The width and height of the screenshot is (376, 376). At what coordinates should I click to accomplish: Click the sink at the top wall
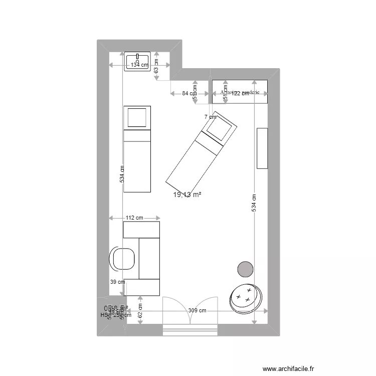click(x=137, y=62)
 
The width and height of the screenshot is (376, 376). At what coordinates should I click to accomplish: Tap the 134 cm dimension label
click(x=139, y=65)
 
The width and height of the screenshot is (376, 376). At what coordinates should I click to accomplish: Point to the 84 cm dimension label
click(x=189, y=93)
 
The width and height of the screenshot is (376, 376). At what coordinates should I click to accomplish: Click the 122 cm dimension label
click(x=240, y=93)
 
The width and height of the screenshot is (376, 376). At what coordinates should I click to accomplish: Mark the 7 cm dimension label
click(x=211, y=117)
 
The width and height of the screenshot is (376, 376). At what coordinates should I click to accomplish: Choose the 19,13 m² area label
click(x=187, y=195)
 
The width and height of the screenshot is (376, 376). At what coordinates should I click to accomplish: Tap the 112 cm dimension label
click(x=134, y=218)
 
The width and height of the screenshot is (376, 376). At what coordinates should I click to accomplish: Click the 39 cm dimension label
click(x=117, y=282)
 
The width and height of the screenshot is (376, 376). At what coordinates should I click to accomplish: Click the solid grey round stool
click(x=245, y=269)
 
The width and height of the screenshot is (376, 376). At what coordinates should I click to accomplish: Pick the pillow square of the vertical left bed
click(x=137, y=117)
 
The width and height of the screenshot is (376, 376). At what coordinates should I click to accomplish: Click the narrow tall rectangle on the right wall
click(x=262, y=148)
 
